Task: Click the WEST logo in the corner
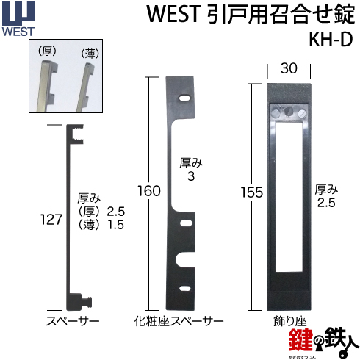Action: [x=18, y=19]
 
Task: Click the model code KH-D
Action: [x=331, y=40]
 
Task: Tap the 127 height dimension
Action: [x=51, y=220]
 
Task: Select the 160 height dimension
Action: [x=149, y=191]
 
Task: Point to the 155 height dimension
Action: [x=252, y=192]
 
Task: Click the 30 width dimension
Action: [x=289, y=68]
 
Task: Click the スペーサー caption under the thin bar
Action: [x=73, y=321]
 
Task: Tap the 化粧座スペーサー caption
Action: [x=179, y=321]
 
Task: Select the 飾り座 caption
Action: [x=290, y=321]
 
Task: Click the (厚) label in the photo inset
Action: [x=47, y=51]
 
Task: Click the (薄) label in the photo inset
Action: [x=90, y=54]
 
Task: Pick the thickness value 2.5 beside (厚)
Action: [x=116, y=212]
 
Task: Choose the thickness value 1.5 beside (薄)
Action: [x=116, y=225]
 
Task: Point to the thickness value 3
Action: [x=191, y=176]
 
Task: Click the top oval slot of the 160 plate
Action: [x=184, y=98]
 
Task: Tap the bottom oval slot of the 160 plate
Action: [x=185, y=288]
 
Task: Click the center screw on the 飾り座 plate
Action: [x=289, y=112]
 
